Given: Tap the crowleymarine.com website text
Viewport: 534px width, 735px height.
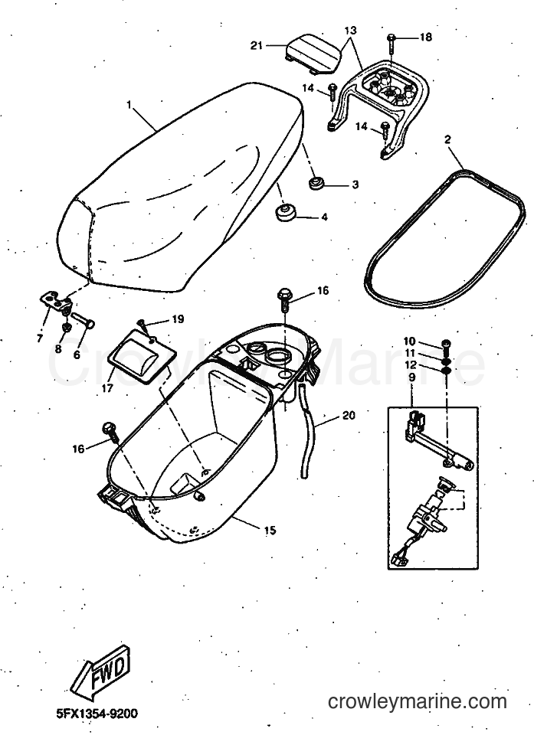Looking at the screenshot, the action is [x=417, y=702].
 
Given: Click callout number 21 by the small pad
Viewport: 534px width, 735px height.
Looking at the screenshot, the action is [x=256, y=45].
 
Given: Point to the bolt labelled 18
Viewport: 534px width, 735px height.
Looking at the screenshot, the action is [x=392, y=43].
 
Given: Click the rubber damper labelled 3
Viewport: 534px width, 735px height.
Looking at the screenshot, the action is [x=316, y=182].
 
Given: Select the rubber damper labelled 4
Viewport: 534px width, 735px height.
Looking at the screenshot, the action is [x=285, y=212].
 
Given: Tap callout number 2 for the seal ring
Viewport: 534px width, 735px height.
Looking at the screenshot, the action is [x=447, y=139].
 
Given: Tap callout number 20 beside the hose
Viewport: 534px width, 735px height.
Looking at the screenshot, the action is [x=349, y=415].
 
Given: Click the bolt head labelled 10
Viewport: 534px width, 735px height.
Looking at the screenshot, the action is [x=446, y=345].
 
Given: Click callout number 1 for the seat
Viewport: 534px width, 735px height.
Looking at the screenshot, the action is [x=129, y=105].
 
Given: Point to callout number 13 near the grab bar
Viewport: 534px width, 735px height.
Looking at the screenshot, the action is [x=350, y=31].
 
